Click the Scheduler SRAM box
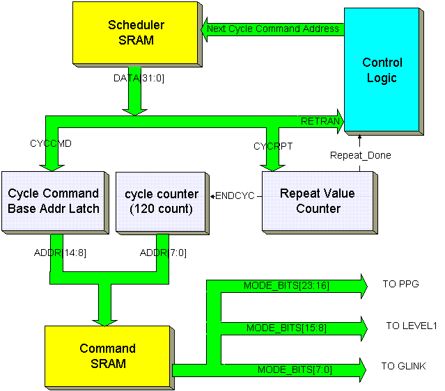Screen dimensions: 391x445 click(136, 33)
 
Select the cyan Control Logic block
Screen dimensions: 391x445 click(382, 70)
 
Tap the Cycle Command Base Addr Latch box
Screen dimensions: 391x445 click(54, 201)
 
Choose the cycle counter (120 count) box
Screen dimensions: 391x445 click(162, 201)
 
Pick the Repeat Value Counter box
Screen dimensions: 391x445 click(319, 201)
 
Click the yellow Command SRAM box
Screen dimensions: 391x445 click(107, 356)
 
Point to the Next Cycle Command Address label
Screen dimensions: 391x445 click(273, 29)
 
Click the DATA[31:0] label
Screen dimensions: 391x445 click(139, 78)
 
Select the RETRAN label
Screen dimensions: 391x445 click(320, 122)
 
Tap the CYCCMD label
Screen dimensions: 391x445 click(51, 144)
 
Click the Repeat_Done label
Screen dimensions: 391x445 click(360, 155)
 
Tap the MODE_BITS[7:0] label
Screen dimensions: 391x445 click(295, 369)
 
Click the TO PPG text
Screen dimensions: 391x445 click(401, 285)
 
